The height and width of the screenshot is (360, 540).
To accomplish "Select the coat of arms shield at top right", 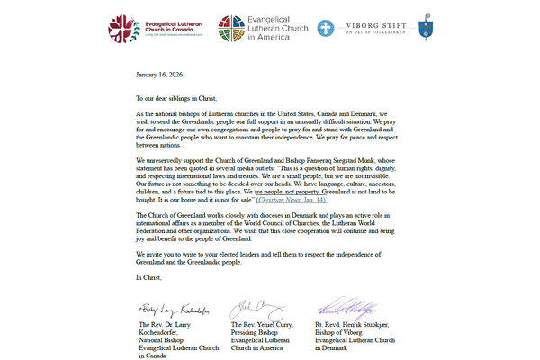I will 426,28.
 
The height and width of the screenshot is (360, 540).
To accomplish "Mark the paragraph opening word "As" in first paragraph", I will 139,115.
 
